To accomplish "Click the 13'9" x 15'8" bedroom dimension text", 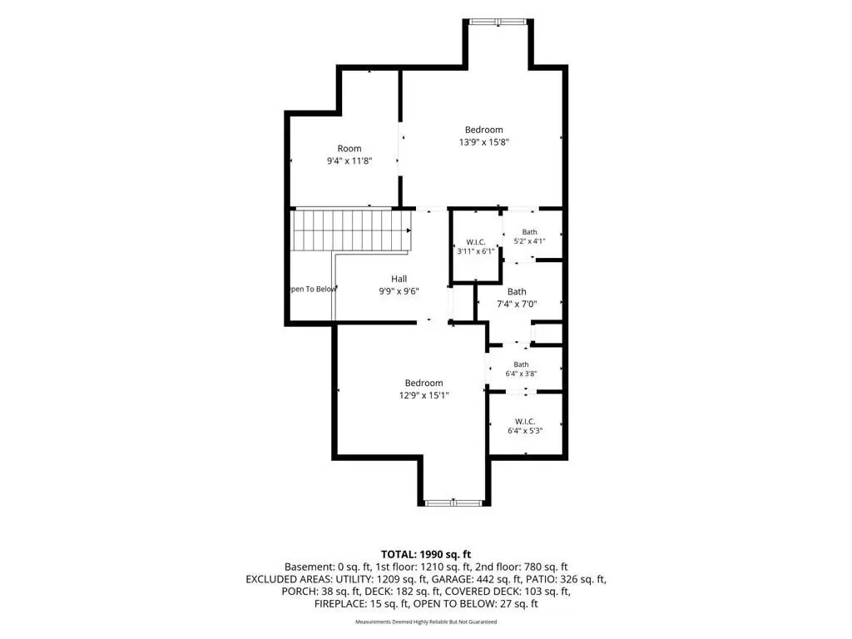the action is pyautogui.click(x=483, y=142).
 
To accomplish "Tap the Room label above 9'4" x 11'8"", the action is pyautogui.click(x=349, y=148).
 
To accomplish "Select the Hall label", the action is pyautogui.click(x=399, y=279).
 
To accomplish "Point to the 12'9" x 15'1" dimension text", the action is pyautogui.click(x=424, y=395).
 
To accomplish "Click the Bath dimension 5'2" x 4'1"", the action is pyautogui.click(x=529, y=240).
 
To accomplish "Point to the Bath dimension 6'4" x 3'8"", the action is pyautogui.click(x=521, y=374).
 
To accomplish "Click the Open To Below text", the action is pyautogui.click(x=314, y=289).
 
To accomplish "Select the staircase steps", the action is pyautogui.click(x=351, y=230).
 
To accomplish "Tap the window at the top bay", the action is pyautogui.click(x=498, y=22).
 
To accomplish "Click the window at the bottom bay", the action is pyautogui.click(x=453, y=503).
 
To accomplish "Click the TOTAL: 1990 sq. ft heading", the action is pyautogui.click(x=426, y=555).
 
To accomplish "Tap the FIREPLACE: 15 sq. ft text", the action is pyautogui.click(x=361, y=604).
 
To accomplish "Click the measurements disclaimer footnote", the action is pyautogui.click(x=426, y=622).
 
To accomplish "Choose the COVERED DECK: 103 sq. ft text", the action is pyautogui.click(x=508, y=592).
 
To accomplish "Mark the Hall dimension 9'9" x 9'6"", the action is pyautogui.click(x=399, y=291).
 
